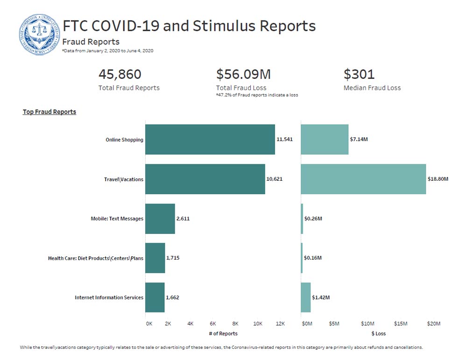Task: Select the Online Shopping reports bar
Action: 210,140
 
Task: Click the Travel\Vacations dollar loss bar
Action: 363,179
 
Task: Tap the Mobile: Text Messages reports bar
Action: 160,219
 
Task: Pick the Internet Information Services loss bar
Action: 305,297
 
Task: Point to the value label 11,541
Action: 284,140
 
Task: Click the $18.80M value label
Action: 438,179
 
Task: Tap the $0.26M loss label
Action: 313,219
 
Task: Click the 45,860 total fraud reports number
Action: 120,74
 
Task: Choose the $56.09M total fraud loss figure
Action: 243,74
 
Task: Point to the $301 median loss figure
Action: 359,74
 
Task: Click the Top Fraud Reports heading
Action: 50,112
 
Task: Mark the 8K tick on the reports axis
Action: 235,324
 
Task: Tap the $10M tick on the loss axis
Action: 368,324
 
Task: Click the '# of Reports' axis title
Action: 223,333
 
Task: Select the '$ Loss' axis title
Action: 378,333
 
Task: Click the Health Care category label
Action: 96,258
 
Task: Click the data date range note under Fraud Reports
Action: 107,50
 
